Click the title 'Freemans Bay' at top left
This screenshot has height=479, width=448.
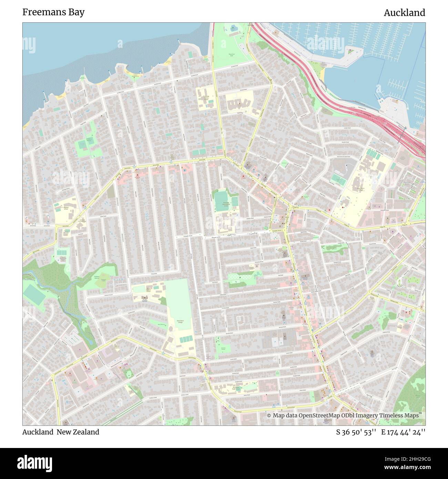click(x=53, y=12)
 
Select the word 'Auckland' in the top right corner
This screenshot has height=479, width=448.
click(x=404, y=13)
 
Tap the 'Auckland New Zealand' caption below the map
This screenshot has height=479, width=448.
click(x=61, y=432)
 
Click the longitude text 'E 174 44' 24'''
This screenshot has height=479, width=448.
click(x=403, y=432)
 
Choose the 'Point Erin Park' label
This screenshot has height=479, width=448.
click(x=232, y=54)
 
